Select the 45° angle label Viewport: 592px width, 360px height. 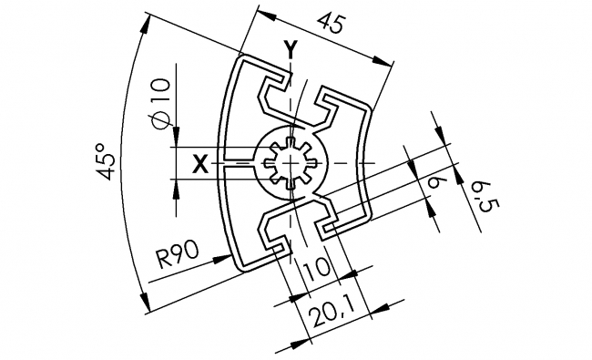coord(107,161)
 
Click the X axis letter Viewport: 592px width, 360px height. coord(201,164)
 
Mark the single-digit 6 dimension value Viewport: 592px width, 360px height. coord(434,185)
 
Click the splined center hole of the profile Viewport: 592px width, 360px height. coord(291,164)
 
